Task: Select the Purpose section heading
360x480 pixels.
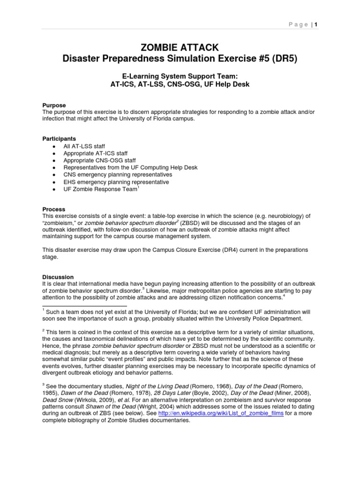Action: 54,105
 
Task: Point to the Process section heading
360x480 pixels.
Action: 53,209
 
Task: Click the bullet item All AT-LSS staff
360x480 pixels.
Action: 87,146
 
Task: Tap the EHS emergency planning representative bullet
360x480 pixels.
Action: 116,181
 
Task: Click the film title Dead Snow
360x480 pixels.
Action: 59,399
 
